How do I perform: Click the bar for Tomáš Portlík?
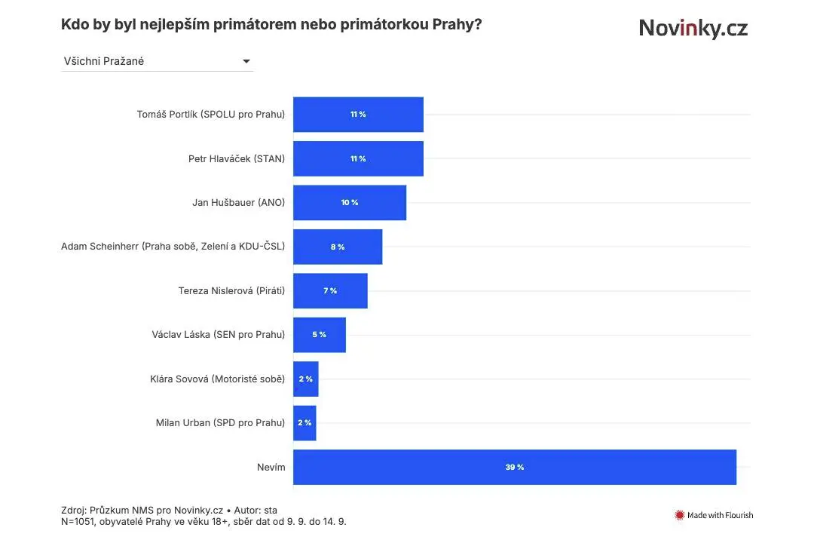pyautogui.click(x=358, y=115)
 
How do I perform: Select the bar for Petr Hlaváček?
pyautogui.click(x=358, y=158)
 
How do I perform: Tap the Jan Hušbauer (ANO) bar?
pyautogui.click(x=350, y=203)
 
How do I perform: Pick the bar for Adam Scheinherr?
pyautogui.click(x=338, y=247)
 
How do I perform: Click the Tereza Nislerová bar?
pyautogui.click(x=330, y=291)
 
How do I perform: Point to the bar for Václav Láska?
pyautogui.click(x=320, y=335)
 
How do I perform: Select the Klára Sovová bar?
pyautogui.click(x=306, y=379)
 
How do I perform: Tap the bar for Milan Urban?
pyautogui.click(x=304, y=423)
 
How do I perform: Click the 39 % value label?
pyautogui.click(x=515, y=467)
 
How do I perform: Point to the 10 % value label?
pyautogui.click(x=350, y=203)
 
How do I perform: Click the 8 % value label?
pyautogui.click(x=338, y=247)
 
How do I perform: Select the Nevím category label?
pyautogui.click(x=271, y=467)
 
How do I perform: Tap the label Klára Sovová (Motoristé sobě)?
pyautogui.click(x=218, y=379)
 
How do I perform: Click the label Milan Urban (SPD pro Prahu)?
pyautogui.click(x=220, y=423)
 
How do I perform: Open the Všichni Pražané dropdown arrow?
pyautogui.click(x=246, y=61)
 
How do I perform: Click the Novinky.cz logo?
pyautogui.click(x=693, y=28)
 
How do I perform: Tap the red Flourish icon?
pyautogui.click(x=679, y=515)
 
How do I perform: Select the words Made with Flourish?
pyautogui.click(x=720, y=515)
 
